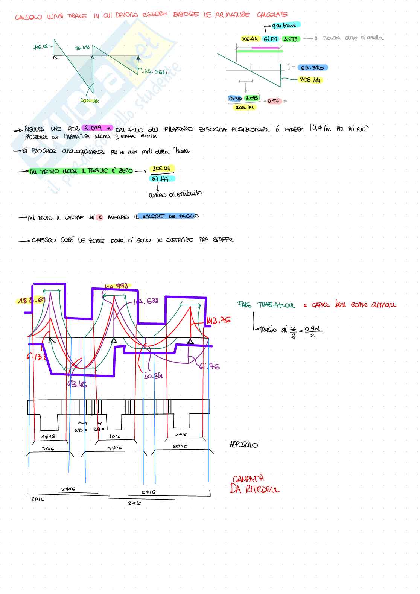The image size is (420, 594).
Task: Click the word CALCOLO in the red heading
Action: tap(29, 17)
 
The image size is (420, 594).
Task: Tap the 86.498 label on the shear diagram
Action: tap(82, 48)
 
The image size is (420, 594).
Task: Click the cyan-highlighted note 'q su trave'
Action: tap(286, 26)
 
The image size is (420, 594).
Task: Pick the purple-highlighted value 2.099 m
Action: tap(97, 128)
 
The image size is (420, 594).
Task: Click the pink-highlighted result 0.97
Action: tap(273, 101)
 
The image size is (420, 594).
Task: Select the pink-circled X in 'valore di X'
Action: tap(100, 217)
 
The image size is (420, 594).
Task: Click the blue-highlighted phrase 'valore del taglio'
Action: tap(168, 216)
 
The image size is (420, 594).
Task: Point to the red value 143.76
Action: tap(219, 321)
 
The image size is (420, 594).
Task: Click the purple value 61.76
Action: tap(210, 366)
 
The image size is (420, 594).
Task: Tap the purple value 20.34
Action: tap(153, 375)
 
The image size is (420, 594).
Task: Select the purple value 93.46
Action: tap(77, 384)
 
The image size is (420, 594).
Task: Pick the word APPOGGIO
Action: tap(243, 445)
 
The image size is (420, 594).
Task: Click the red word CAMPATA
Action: tap(248, 479)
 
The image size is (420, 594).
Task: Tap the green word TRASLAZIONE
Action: tap(276, 305)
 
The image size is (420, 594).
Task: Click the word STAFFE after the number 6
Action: tap(294, 129)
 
